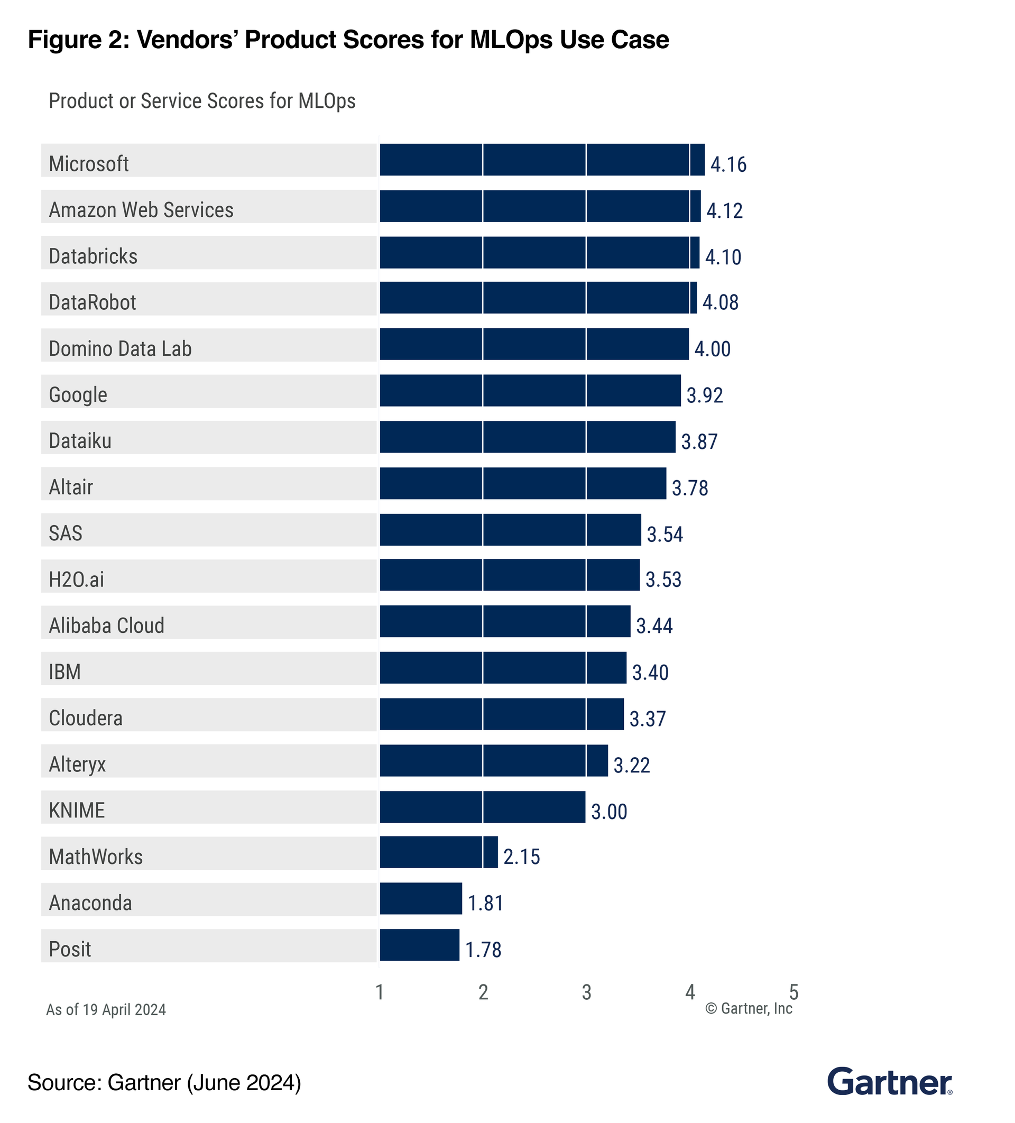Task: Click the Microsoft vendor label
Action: [x=89, y=164]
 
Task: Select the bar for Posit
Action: [x=420, y=945]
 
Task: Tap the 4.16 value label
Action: [x=728, y=164]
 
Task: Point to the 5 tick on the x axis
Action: [x=794, y=992]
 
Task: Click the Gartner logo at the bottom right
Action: [x=889, y=1082]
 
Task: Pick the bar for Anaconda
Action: [x=421, y=898]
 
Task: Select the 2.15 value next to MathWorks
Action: [x=521, y=857]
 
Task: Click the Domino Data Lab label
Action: [x=121, y=349]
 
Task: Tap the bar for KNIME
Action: [x=483, y=807]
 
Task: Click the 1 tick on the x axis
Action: [x=380, y=992]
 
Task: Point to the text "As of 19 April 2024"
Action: [x=106, y=1009]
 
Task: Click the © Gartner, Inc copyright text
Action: [x=748, y=1009]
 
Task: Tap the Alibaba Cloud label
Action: [x=106, y=625]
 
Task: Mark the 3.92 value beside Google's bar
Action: [x=704, y=395]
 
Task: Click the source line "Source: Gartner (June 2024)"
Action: [x=164, y=1082]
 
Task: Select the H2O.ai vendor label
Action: [x=76, y=579]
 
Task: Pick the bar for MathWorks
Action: [x=439, y=852]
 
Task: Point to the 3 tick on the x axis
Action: [x=587, y=992]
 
